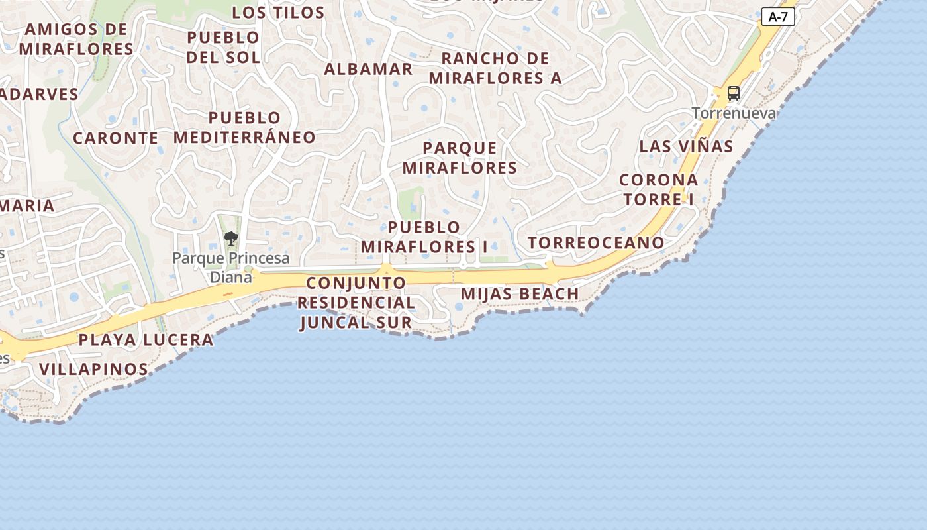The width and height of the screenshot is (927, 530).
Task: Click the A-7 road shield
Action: click(777, 17)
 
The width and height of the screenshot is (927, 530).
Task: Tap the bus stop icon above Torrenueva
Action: click(734, 93)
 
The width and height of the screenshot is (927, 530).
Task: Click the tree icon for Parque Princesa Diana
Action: click(230, 238)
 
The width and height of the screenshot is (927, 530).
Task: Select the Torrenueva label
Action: click(734, 113)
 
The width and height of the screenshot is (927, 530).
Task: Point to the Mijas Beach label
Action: click(520, 293)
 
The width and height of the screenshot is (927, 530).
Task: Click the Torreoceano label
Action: click(596, 242)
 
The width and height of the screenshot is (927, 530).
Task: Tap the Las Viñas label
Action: click(686, 146)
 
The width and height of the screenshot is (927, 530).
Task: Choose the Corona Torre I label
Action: click(659, 189)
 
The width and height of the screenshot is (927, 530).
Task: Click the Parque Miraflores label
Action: click(460, 158)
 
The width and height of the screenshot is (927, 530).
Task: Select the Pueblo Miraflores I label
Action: click(424, 237)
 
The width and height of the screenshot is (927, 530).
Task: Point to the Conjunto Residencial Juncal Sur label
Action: click(356, 303)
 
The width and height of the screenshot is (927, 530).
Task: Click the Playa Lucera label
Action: click(146, 340)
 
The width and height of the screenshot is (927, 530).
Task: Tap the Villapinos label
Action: click(93, 369)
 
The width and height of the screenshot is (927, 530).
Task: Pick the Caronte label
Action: click(115, 138)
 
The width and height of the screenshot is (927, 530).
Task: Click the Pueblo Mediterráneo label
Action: click(244, 128)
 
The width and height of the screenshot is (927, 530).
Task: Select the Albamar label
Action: click(368, 69)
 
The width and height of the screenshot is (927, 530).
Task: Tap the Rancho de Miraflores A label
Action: click(495, 68)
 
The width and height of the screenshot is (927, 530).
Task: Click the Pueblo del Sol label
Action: click(223, 47)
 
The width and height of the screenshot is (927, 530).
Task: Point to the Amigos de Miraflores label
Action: click(76, 39)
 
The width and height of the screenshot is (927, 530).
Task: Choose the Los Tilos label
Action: click(278, 13)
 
